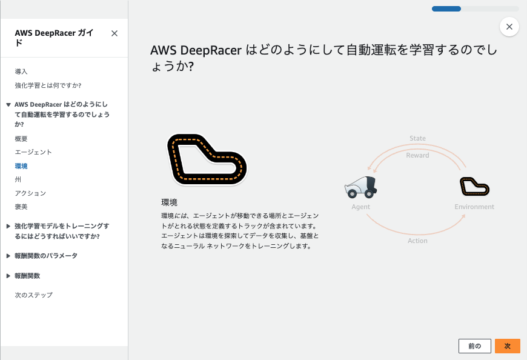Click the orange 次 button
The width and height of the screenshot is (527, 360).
(508, 346)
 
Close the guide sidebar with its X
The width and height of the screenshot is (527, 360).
(114, 33)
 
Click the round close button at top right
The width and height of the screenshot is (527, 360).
(509, 27)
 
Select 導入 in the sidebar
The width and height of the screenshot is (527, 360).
(21, 72)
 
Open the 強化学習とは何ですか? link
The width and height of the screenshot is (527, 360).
(48, 85)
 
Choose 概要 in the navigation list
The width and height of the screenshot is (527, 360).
(21, 139)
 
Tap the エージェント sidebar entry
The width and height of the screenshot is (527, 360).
(33, 152)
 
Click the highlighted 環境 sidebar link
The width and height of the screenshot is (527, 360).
(21, 166)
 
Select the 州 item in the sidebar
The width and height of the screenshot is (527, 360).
(18, 179)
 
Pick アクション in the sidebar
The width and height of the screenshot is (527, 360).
(30, 193)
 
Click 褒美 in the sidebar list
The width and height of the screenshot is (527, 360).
(21, 207)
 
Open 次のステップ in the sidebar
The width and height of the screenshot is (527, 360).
(34, 295)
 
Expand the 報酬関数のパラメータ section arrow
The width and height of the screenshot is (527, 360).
(8, 256)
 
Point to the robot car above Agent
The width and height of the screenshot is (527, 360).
(361, 187)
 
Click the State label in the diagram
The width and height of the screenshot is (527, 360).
(417, 138)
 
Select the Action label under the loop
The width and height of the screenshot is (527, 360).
(417, 241)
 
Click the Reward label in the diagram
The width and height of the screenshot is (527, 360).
(417, 155)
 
